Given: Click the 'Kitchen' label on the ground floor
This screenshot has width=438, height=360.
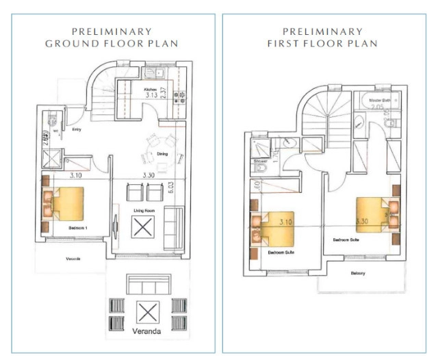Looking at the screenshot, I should pos(151,90).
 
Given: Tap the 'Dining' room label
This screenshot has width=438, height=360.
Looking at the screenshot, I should pos(163,155).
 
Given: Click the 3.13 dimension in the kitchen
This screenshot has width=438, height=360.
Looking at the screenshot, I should pos(151,97).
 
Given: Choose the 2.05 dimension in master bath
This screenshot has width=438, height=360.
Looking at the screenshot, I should pos(376,107).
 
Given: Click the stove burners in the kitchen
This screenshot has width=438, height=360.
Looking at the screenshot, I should pos(181,97).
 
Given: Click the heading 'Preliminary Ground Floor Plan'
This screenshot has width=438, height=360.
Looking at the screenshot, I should pos(112,38).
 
